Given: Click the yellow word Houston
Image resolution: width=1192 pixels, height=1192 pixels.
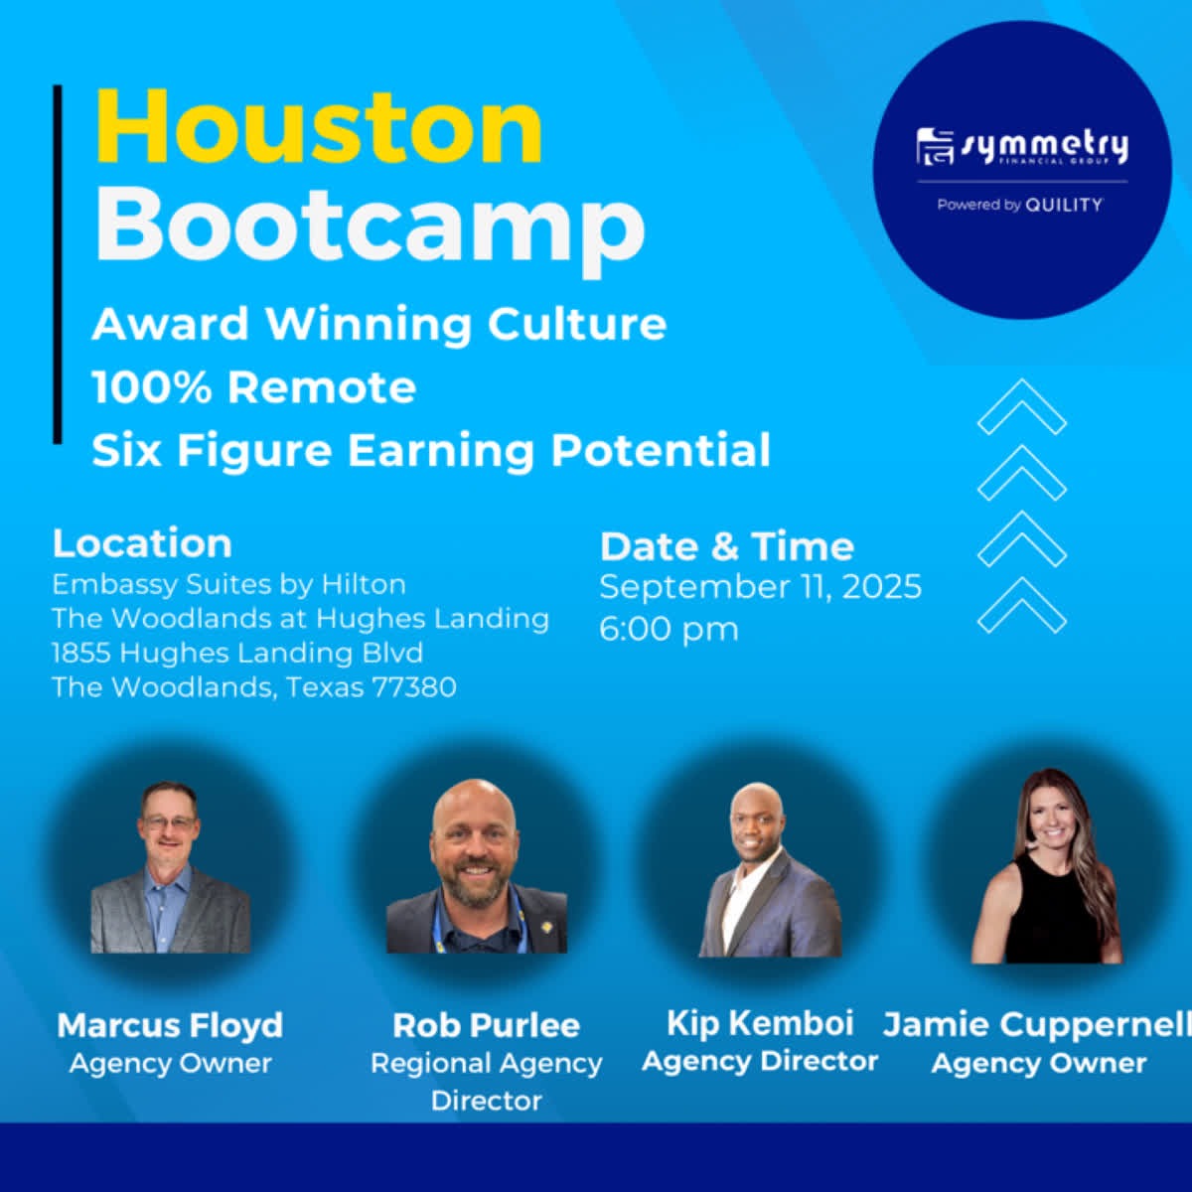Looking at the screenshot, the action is [319, 127].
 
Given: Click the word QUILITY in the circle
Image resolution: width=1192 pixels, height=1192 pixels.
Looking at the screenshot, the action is [1064, 205].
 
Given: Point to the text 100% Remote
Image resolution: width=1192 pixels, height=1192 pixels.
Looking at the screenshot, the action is [254, 387].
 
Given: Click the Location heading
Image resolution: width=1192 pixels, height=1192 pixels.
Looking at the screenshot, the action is [142, 543].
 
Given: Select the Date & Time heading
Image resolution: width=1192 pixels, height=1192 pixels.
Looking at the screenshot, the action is [727, 546].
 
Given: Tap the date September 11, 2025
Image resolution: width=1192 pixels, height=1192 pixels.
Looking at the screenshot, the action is [760, 586].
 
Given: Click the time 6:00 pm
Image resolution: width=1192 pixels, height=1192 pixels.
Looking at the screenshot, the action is [669, 629].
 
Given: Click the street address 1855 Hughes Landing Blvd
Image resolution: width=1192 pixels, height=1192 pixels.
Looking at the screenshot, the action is [237, 654].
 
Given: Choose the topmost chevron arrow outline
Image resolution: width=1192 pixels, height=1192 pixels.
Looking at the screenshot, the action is [1022, 407].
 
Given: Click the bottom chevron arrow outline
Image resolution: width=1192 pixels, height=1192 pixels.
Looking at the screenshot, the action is [1022, 606].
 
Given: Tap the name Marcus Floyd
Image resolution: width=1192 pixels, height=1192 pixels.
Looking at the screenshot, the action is [170, 1025].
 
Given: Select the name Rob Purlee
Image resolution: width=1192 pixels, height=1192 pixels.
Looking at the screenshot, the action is [486, 1025].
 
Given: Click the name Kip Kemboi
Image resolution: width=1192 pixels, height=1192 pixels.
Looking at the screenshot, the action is [760, 1022].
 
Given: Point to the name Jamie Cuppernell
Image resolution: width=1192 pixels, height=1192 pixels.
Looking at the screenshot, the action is [1037, 1024].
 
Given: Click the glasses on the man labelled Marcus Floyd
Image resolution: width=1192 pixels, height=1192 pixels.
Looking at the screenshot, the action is [170, 823].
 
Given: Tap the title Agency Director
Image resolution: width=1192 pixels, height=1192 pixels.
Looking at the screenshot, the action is [760, 1062].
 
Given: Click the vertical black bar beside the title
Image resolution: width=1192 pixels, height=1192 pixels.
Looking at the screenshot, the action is [58, 264].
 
